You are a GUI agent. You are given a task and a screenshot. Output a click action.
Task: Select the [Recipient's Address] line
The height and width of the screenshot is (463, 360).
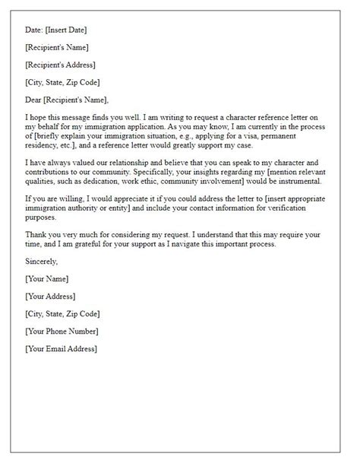pyautogui.click(x=61, y=65)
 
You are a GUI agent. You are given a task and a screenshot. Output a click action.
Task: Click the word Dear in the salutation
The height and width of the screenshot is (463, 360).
pyautogui.click(x=35, y=100)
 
